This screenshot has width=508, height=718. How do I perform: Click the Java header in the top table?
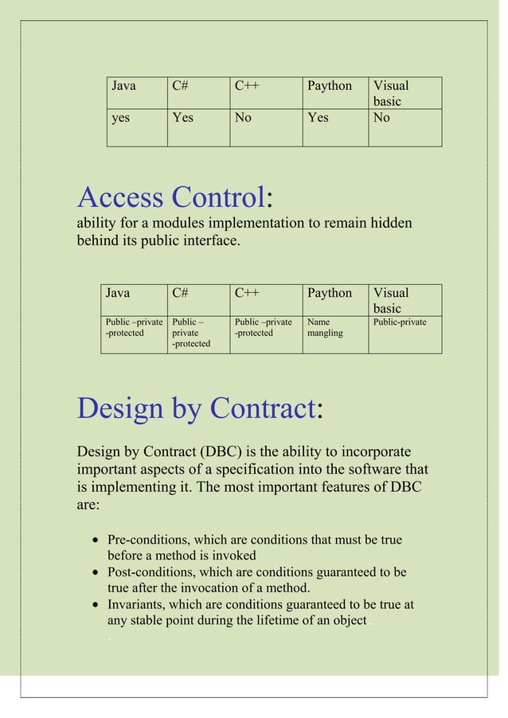pyautogui.click(x=123, y=86)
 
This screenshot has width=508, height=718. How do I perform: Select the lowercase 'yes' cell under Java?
pyautogui.click(x=121, y=118)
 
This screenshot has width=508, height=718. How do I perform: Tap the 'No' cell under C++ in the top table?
pyautogui.click(x=243, y=118)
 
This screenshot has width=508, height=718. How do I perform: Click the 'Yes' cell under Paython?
pyautogui.click(x=318, y=118)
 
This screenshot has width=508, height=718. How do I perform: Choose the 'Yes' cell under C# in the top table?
pyautogui.click(x=183, y=118)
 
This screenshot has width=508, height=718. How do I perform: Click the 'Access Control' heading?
pyautogui.click(x=170, y=197)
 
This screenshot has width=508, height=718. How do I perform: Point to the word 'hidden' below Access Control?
pyautogui.click(x=390, y=223)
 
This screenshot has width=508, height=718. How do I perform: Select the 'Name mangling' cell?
pyautogui.click(x=325, y=327)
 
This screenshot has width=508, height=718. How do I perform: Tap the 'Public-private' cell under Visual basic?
pyautogui.click(x=400, y=322)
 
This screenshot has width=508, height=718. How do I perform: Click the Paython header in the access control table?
pyautogui.click(x=330, y=293)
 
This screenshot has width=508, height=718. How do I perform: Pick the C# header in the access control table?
pyautogui.click(x=180, y=293)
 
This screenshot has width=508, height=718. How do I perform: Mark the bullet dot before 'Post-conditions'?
pyautogui.click(x=96, y=573)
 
